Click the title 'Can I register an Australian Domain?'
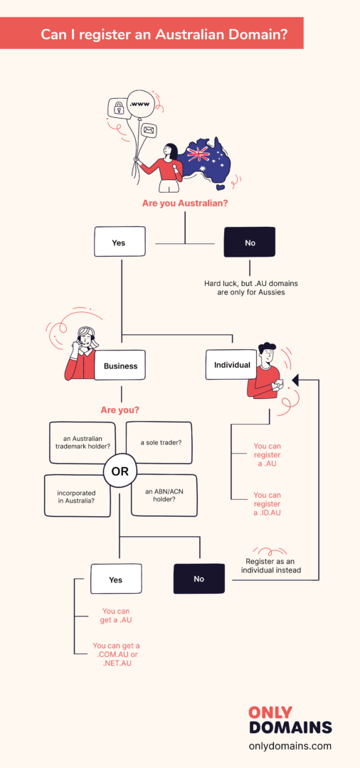coord(164,34)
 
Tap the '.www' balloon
coord(142,104)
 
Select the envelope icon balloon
coord(149,130)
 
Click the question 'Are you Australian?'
coord(185,203)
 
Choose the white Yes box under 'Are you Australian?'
coord(119,242)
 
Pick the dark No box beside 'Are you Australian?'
coord(249,242)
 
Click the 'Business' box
coord(120,366)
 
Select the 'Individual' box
coord(232,365)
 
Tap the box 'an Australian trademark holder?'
coord(83,442)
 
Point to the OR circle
coord(120,471)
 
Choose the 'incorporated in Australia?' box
coord(77,496)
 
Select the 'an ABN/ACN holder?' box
coord(164,496)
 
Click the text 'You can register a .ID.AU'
coord(268,503)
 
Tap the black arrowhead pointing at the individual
coord(295,380)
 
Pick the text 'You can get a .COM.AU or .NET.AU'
coord(117,654)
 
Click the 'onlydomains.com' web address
coord(290,746)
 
